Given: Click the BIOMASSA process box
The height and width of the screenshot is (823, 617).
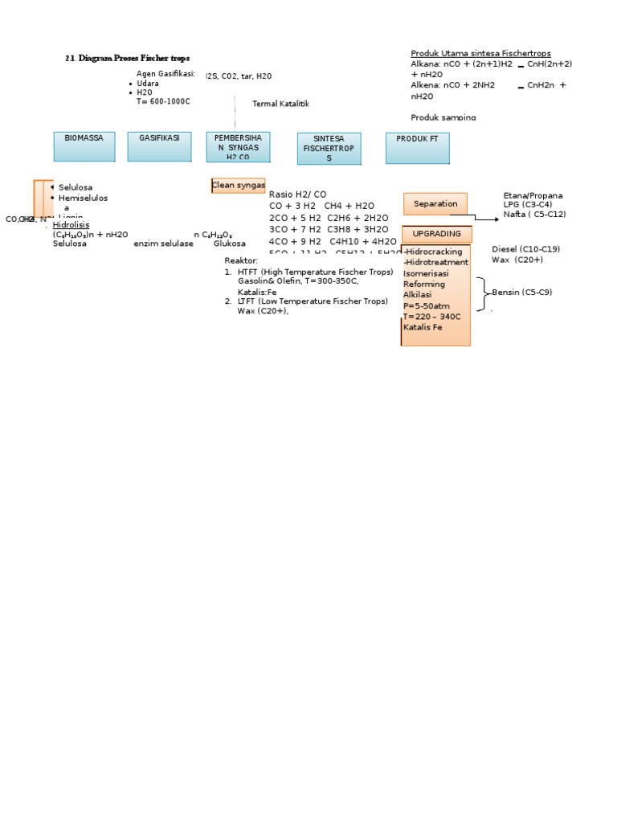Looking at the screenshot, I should [x=84, y=146].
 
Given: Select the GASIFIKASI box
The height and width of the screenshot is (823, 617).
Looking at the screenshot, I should [x=159, y=146].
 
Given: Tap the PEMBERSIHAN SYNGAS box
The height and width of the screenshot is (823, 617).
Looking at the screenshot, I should [x=238, y=147].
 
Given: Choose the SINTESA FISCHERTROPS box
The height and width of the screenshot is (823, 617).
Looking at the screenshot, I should [x=329, y=148].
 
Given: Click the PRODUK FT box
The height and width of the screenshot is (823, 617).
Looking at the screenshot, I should [x=417, y=148].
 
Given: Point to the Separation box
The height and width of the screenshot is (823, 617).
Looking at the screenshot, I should [x=435, y=204].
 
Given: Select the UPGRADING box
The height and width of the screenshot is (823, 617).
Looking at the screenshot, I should [x=436, y=234].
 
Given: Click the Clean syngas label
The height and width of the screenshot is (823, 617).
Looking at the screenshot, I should [x=238, y=186].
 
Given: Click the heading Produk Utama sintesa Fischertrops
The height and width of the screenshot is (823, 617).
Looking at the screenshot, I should [x=480, y=53].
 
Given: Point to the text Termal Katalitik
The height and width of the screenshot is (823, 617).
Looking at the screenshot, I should [x=280, y=104].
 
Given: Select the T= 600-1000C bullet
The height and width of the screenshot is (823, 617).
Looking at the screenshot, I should [x=163, y=101].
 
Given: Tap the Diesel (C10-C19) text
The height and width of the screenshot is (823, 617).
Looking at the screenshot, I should [x=525, y=249].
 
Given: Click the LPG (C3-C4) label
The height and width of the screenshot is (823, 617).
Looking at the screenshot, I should [x=527, y=205].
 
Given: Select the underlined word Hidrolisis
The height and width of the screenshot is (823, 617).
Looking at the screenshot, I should [x=71, y=225].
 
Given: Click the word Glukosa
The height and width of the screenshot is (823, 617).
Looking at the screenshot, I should [x=229, y=244].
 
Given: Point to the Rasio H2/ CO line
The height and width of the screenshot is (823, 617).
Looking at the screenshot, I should [x=297, y=194].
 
